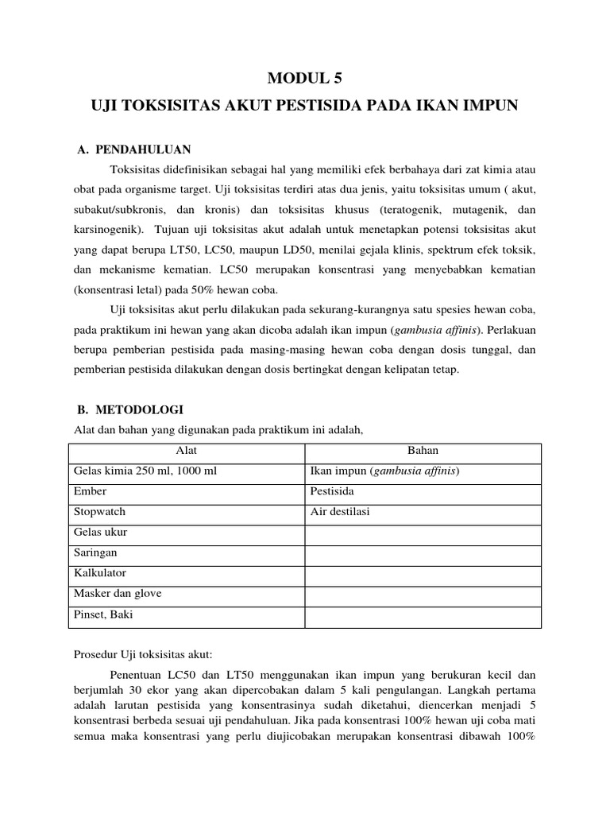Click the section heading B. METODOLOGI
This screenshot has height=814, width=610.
tap(128, 409)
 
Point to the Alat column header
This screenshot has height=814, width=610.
tap(186, 451)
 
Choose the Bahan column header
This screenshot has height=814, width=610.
tap(423, 451)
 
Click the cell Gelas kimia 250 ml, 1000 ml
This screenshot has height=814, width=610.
tap(145, 471)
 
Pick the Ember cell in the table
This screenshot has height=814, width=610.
tap(91, 492)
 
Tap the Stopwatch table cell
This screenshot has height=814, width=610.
tap(99, 512)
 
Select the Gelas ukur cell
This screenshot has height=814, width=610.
tap(100, 533)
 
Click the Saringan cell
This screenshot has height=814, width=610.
tap(95, 552)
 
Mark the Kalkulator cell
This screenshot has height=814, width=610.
tap(100, 572)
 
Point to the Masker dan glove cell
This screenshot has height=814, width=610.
tap(118, 593)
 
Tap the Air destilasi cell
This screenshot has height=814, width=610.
tap(339, 512)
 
